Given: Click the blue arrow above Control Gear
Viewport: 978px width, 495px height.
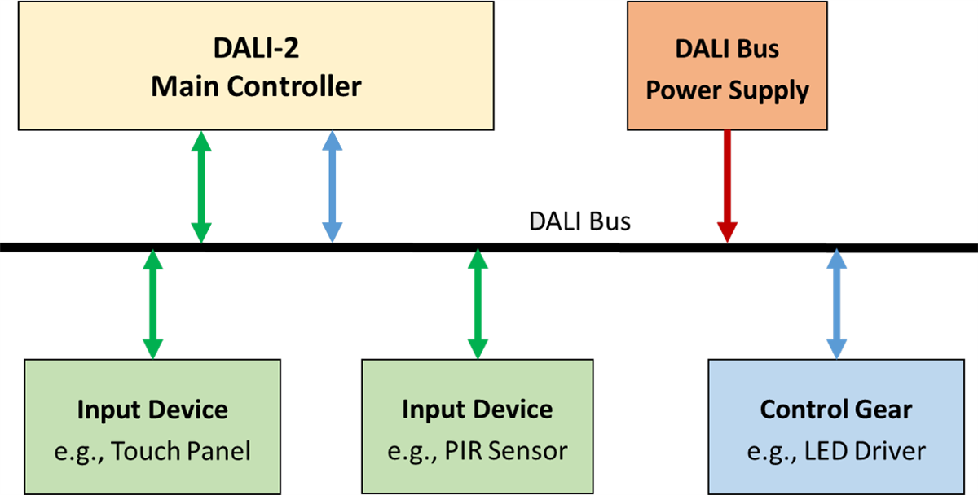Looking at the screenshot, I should click(835, 305).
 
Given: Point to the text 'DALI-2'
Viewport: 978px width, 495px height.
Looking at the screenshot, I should click(255, 49).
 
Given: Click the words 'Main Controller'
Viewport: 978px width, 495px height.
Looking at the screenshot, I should click(255, 86).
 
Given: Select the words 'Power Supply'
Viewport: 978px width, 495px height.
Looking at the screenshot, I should click(727, 90).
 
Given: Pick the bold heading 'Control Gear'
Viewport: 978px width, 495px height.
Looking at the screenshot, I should click(835, 410).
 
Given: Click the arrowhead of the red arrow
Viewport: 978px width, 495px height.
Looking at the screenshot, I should click(727, 231).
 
